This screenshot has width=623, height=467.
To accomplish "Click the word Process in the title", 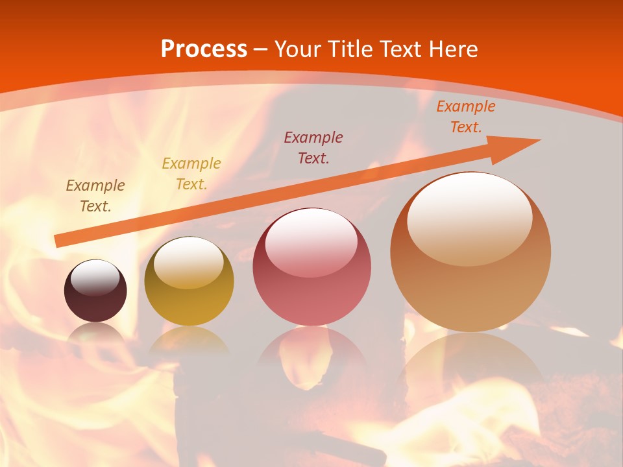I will coord(204,49).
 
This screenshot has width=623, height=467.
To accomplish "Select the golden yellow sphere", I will coord(189,281).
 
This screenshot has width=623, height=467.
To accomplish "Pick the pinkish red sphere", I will coord(311,267).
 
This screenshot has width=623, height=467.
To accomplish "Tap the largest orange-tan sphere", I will coord(470,252).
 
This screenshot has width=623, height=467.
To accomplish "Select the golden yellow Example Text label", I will coord(191,174).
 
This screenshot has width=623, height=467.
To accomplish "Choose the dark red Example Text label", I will coord(313,147).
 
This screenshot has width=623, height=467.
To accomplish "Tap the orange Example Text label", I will coord(465,117).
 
